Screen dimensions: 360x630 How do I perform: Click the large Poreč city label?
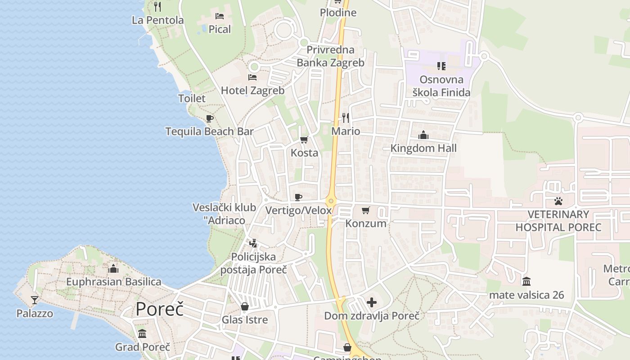point(160,309)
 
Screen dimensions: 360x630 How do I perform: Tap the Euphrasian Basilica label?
point(113,282)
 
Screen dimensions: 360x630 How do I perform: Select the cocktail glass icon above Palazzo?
point(35,300)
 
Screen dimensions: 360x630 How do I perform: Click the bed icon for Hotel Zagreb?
point(252,77)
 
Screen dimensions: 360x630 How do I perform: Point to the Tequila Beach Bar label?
point(209,131)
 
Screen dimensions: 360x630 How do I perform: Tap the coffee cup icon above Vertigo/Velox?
point(298,197)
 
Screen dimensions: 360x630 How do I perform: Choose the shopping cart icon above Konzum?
point(366,210)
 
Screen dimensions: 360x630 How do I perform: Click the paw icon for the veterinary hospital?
point(558,201)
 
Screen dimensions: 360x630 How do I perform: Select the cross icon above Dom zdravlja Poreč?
point(372,302)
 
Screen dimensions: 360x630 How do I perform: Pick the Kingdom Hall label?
point(423,148)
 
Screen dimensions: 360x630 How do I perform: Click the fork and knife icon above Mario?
point(346,118)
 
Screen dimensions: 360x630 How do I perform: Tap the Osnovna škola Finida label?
point(441,86)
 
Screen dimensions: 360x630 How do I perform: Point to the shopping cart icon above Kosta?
point(304,139)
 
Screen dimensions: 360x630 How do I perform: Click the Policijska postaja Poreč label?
point(253,263)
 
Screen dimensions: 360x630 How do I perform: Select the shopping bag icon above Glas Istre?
point(245,306)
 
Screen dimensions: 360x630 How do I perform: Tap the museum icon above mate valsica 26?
point(526,282)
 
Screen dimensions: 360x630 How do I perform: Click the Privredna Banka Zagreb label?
point(330,56)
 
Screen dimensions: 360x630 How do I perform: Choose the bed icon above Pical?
point(220,16)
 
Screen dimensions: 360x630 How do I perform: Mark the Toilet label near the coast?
point(192,98)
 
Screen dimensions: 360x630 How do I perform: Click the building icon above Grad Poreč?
point(143,333)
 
